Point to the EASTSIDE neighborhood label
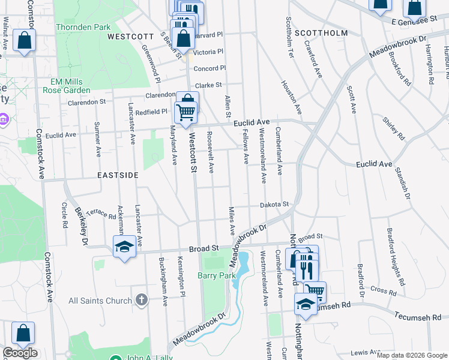click(x=118, y=175)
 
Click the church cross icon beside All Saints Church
click(x=141, y=299)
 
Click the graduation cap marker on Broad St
click(x=124, y=247)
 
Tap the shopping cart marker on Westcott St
click(x=186, y=112)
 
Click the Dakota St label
click(x=275, y=205)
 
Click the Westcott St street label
click(x=193, y=153)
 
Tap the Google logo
click(x=20, y=353)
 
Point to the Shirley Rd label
click(x=394, y=128)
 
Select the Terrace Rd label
click(x=100, y=214)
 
